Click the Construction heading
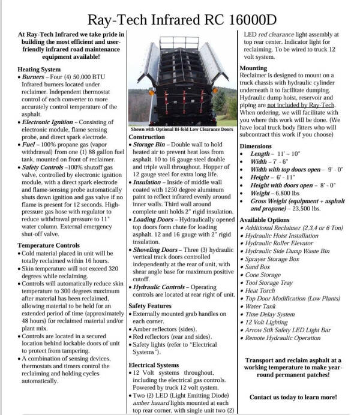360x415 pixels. tap(147, 137)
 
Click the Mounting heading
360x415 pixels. tap(253, 68)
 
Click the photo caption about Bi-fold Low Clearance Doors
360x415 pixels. tap(181, 129)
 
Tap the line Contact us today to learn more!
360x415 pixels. tap(293, 397)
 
